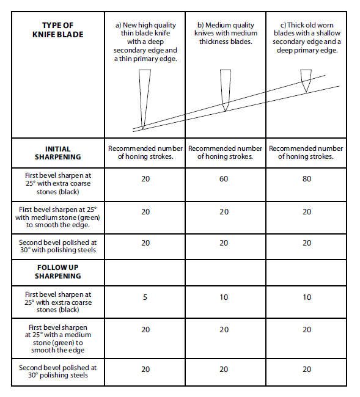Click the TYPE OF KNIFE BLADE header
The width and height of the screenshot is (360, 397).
coord(58,30)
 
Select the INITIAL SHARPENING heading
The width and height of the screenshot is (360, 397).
coord(58,153)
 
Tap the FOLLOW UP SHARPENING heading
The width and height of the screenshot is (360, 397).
coord(58,272)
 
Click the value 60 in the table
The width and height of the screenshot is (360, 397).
coord(224,179)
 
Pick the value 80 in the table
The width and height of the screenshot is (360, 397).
coord(307,179)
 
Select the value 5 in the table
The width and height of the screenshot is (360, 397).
coord(145,297)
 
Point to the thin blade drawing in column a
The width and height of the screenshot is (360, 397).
coord(144,100)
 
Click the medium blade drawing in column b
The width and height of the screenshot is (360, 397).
coord(225,90)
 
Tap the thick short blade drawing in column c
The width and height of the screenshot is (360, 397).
coord(306,81)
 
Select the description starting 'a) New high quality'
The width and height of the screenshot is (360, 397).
coord(145,42)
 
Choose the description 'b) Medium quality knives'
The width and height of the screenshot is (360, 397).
coord(226,33)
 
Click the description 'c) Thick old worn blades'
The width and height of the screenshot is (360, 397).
coord(307,37)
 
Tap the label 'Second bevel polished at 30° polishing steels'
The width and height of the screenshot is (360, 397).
coord(58,371)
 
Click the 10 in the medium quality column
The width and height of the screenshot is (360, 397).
coord(224,297)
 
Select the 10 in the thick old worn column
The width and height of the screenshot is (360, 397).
coord(307,297)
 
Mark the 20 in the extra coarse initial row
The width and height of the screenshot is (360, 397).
coord(145,179)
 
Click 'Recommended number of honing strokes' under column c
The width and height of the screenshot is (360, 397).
coord(306,153)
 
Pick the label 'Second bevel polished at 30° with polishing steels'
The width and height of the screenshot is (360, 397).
coord(58,246)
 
